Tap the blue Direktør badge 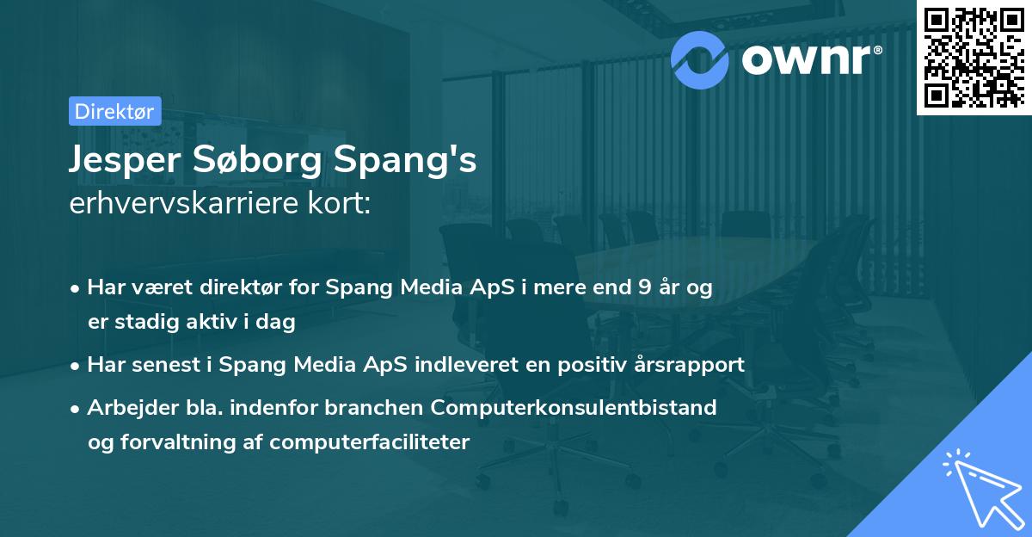point(114,111)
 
